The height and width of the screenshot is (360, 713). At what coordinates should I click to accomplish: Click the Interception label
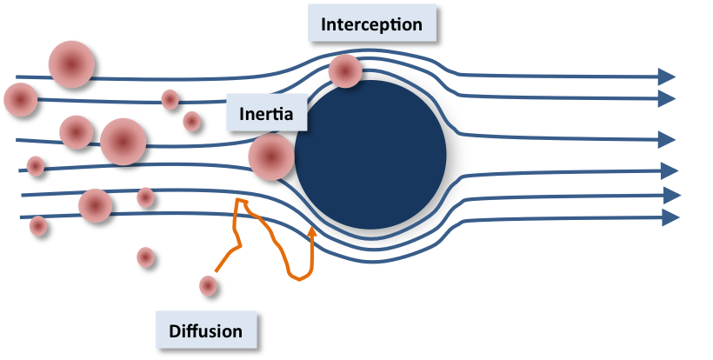(x=372, y=23)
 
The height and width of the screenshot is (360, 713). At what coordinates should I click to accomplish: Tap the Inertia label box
(x=266, y=113)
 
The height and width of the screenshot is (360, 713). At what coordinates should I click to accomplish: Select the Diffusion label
(x=206, y=330)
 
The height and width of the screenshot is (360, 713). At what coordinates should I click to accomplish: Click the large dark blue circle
(x=370, y=155)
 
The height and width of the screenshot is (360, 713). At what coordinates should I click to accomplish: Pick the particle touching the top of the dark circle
(x=345, y=71)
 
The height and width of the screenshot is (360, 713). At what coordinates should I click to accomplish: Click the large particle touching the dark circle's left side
(x=271, y=157)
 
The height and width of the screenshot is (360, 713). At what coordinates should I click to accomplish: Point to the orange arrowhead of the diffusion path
(x=312, y=232)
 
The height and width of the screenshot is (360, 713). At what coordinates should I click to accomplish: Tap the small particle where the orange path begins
(x=209, y=286)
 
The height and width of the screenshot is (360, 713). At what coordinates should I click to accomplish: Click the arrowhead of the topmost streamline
(x=667, y=77)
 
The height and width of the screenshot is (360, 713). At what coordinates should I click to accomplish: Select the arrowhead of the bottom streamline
(x=670, y=217)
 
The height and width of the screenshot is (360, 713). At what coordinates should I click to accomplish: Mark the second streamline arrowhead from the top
(x=667, y=98)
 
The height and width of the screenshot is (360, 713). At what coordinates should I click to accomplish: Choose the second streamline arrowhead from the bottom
(x=671, y=196)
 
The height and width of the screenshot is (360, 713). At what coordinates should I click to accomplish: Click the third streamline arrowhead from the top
(x=667, y=139)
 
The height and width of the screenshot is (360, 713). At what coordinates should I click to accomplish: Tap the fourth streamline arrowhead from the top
(x=670, y=171)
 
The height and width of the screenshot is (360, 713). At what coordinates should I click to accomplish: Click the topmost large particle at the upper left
(x=71, y=64)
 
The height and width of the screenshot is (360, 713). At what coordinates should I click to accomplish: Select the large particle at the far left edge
(x=21, y=99)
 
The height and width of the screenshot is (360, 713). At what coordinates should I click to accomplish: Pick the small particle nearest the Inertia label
(x=192, y=122)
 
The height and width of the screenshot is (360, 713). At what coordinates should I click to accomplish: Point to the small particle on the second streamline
(x=170, y=99)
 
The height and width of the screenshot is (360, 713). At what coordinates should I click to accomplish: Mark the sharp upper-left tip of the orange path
(x=237, y=199)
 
